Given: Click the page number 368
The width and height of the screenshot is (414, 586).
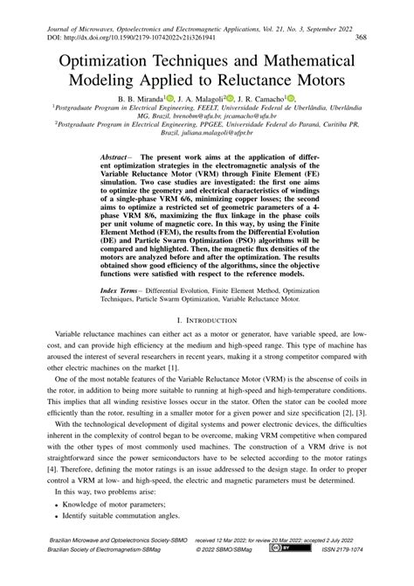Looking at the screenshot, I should [x=365, y=39].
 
